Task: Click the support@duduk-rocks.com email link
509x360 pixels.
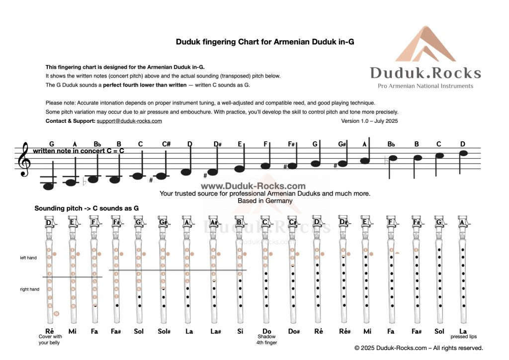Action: [129, 121]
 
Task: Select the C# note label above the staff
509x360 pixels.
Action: [166, 144]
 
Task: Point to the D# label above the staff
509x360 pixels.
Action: [217, 144]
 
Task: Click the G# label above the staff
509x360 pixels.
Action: [342, 144]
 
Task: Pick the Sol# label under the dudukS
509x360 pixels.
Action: [164, 331]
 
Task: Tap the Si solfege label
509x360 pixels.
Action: [240, 331]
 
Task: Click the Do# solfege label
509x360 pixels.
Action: [292, 331]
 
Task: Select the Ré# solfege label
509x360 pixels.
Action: [343, 331]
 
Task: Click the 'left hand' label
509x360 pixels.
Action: [29, 258]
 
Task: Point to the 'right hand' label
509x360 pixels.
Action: [29, 289]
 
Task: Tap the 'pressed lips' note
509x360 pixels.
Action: [463, 337]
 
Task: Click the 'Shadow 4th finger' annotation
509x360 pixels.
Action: [266, 340]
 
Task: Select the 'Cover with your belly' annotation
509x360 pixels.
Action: [49, 340]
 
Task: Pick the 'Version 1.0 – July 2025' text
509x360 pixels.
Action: [369, 121]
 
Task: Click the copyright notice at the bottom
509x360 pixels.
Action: [419, 348]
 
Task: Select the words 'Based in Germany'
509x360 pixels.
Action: [264, 200]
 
